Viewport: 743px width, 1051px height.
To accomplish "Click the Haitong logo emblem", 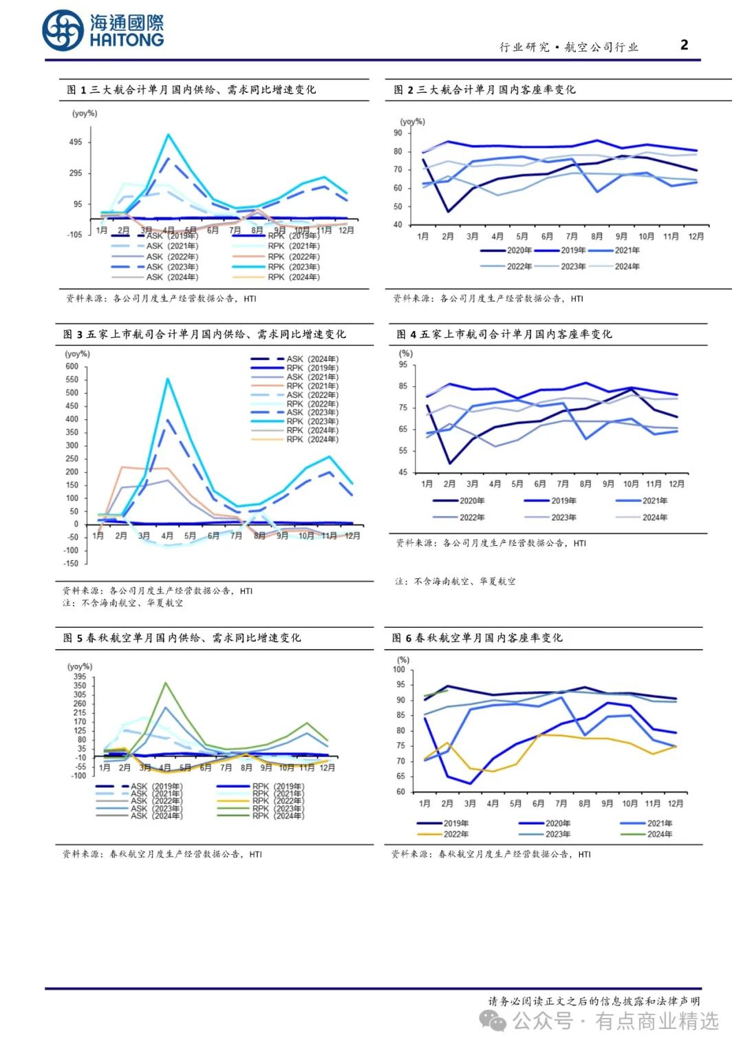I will [63, 31].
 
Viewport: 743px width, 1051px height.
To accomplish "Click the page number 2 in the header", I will [684, 45].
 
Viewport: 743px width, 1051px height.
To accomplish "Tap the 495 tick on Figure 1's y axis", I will [75, 142].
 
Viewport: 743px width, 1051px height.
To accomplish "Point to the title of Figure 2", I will [484, 90].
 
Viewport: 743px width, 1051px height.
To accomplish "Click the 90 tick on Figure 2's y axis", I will [398, 133].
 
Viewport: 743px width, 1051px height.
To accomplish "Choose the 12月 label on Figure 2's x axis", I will [696, 237].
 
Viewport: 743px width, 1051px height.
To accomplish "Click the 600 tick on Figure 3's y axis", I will [72, 367].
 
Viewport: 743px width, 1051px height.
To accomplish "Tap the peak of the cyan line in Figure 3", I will [167, 379].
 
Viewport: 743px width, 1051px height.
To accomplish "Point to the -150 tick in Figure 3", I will [71, 564].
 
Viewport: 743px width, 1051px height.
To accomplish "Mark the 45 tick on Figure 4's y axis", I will [402, 473].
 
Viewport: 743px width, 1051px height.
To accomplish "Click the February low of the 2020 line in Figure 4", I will [450, 463].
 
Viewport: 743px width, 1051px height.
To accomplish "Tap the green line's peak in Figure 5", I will [165, 683].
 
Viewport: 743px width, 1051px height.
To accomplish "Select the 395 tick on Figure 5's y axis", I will [80, 677].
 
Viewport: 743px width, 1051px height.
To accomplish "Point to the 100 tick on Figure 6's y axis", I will [399, 670].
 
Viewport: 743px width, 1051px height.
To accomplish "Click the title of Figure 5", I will [182, 638].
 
